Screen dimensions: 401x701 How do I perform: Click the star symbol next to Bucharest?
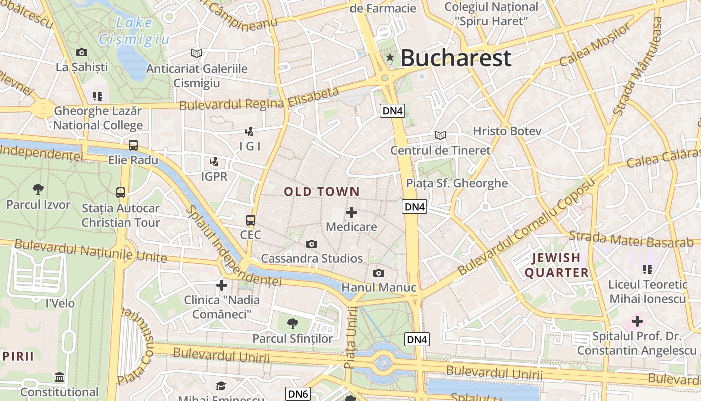click(390, 58)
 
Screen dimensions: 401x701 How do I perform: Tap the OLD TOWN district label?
click(322, 191)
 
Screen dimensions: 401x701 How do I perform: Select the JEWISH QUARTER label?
click(556, 265)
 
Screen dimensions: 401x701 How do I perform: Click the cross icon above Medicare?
click(352, 212)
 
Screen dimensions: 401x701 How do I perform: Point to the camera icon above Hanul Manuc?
click(379, 273)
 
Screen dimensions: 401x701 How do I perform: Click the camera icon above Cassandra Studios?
click(312, 244)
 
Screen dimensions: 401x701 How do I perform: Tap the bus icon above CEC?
click(251, 220)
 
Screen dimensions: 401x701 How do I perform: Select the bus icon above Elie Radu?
click(133, 145)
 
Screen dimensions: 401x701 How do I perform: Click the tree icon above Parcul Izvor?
click(38, 189)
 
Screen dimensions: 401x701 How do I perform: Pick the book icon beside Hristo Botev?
click(440, 135)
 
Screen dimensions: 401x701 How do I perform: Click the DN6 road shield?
click(298, 394)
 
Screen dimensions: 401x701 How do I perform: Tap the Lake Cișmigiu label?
click(133, 31)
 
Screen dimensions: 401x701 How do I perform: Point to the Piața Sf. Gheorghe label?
click(457, 183)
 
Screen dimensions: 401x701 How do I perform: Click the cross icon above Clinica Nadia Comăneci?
click(221, 285)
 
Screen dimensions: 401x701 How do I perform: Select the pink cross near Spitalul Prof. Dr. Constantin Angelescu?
click(637, 321)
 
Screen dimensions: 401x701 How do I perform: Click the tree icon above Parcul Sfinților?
click(293, 324)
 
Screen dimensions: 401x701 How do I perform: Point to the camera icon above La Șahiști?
click(82, 52)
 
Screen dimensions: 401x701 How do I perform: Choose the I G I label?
click(250, 146)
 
